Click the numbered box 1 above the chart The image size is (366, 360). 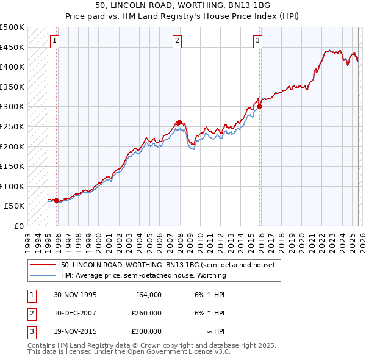[x=55, y=41]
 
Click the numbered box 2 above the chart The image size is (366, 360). [x=177, y=41]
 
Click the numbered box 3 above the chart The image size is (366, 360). [x=258, y=41]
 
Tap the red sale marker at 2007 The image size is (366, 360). [x=179, y=122]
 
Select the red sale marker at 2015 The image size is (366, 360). [x=259, y=106]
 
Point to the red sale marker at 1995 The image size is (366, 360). [x=57, y=200]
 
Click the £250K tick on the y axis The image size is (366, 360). [x=13, y=126]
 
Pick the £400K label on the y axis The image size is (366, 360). [x=13, y=67]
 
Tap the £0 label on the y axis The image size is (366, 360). [x=18, y=226]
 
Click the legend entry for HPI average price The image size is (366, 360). [x=143, y=275]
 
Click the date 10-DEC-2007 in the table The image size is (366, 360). [x=75, y=313]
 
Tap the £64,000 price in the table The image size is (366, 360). [x=146, y=295]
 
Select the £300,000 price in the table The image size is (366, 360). [x=146, y=331]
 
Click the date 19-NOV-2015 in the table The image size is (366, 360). [x=75, y=331]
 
